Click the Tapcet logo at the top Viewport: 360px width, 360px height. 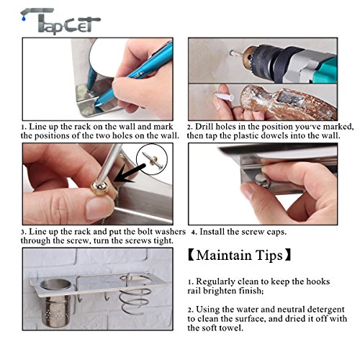pyautogui.click(x=60, y=21)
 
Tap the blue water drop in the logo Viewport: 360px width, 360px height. pyautogui.click(x=23, y=18)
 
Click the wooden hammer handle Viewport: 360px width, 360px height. pyautogui.click(x=288, y=104)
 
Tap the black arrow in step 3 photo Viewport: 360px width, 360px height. pyautogui.click(x=130, y=174)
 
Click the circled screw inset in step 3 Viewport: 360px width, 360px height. pyautogui.click(x=152, y=159)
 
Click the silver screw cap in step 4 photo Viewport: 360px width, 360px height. pyautogui.click(x=262, y=179)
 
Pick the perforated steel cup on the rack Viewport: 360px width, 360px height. pyautogui.click(x=56, y=303)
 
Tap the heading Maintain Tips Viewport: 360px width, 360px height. pyautogui.click(x=239, y=255)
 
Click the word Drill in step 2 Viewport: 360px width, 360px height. pyautogui.click(x=204, y=127)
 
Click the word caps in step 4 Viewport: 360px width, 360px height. pyautogui.click(x=277, y=232)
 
